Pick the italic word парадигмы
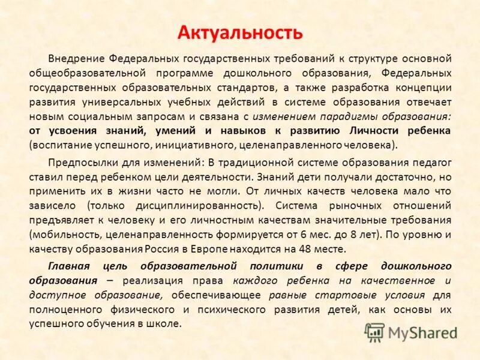340,116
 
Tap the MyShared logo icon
375,332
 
